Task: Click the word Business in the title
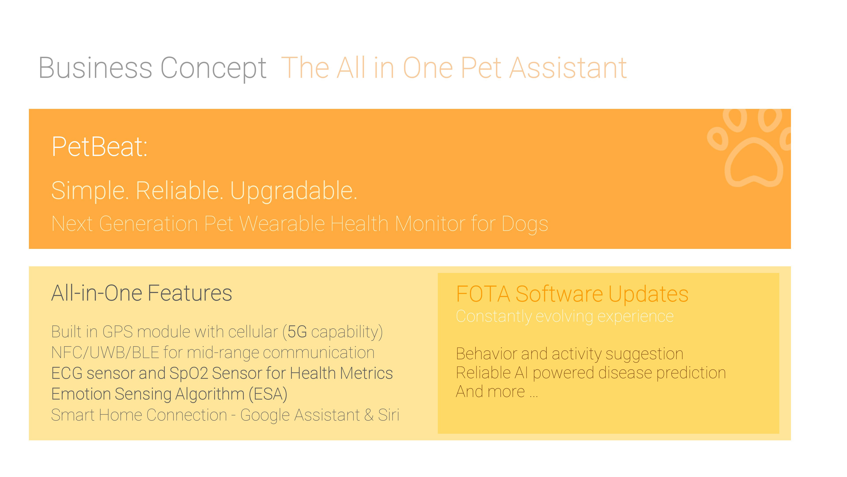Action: click(x=95, y=68)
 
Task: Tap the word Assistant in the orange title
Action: click(x=568, y=68)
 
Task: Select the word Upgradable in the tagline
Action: click(x=293, y=191)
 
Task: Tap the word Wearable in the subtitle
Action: click(x=282, y=224)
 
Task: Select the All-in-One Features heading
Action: click(x=142, y=293)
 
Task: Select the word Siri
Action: click(x=389, y=415)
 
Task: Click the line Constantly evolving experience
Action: click(x=565, y=317)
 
